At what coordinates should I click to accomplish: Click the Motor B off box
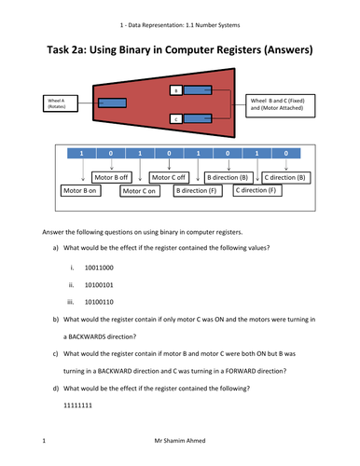tap(112, 177)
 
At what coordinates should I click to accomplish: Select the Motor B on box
tap(80, 190)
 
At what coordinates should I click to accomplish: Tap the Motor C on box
tap(140, 191)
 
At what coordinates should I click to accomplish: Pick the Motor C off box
tap(169, 177)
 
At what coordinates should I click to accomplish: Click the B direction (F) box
tap(198, 190)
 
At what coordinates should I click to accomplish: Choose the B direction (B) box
tap(228, 178)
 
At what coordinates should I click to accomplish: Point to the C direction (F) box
tap(257, 190)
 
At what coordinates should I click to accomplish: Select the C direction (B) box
tap(286, 178)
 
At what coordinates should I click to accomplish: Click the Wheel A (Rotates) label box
tap(61, 103)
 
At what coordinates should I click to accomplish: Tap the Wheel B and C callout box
tap(280, 106)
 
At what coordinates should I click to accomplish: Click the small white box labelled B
tap(176, 90)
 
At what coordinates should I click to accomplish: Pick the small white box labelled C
tap(176, 119)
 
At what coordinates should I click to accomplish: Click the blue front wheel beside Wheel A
tap(112, 103)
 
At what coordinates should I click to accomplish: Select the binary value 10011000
tap(99, 267)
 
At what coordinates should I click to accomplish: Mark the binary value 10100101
tap(99, 285)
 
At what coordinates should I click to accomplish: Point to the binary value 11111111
tap(77, 405)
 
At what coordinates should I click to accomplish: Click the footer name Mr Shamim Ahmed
tap(180, 441)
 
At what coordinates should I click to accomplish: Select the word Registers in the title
tap(239, 50)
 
